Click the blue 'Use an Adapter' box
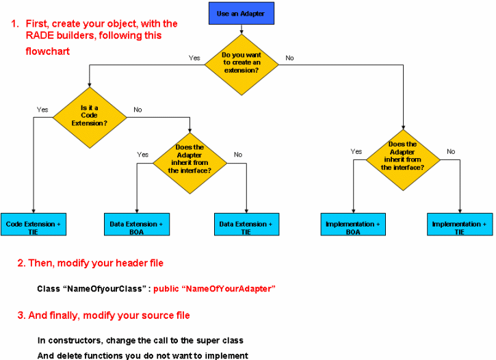242,13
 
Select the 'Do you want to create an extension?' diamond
242,64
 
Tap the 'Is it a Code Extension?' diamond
90,117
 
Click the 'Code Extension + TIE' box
34,224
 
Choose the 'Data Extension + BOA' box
137,224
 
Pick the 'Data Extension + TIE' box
247,224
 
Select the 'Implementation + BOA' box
353,224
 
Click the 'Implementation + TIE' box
460,224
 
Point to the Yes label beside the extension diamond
194,58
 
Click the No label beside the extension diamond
289,58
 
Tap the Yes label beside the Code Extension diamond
42,110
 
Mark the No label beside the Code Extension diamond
138,110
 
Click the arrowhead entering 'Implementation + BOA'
353,211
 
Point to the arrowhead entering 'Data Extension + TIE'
246,211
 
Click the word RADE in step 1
40,36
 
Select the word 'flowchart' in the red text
47,51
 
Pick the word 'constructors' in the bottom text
75,340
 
